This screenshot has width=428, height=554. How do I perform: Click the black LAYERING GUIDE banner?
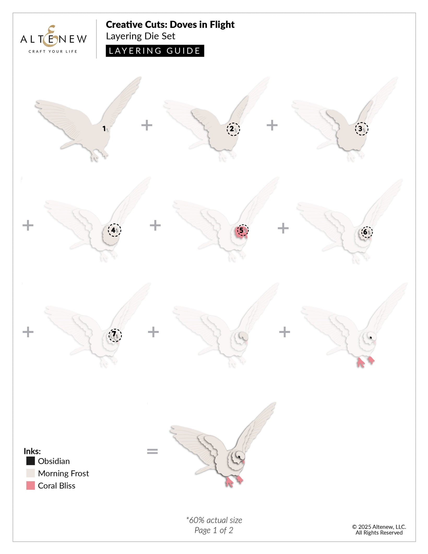[155, 51]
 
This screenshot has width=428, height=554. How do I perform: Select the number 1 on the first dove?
[104, 128]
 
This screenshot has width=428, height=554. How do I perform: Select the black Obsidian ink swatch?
[31, 461]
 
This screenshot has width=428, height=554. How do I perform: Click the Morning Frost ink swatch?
[31, 473]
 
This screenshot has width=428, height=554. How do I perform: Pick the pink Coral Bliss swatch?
[31, 485]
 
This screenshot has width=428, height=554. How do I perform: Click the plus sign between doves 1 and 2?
[147, 125]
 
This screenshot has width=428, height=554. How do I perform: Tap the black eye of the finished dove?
[239, 456]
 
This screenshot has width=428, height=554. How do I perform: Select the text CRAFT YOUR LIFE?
[53, 51]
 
